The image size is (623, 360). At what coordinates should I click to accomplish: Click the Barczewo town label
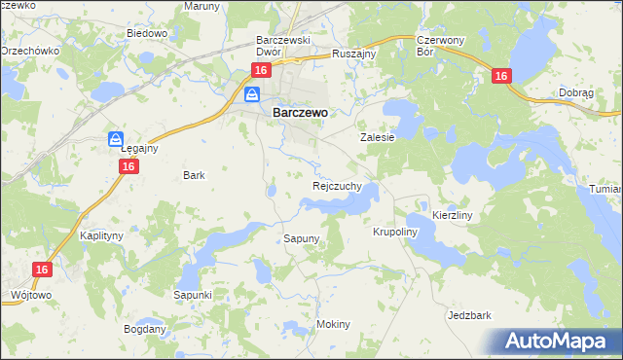pos(300,112)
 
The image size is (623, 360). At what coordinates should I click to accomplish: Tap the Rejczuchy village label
pos(338,185)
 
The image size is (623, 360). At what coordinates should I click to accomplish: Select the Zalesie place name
pos(378,138)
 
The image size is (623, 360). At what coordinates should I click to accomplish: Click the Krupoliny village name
pos(395,233)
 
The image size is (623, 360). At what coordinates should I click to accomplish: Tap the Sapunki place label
pos(193,294)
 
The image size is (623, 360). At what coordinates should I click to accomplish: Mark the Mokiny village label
pos(333,324)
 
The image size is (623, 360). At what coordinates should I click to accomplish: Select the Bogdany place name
pos(145,329)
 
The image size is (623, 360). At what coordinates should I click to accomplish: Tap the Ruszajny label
pos(354,54)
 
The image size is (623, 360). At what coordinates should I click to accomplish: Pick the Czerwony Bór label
pos(436,47)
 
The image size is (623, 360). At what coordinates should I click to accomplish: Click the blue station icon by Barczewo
pos(252,94)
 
